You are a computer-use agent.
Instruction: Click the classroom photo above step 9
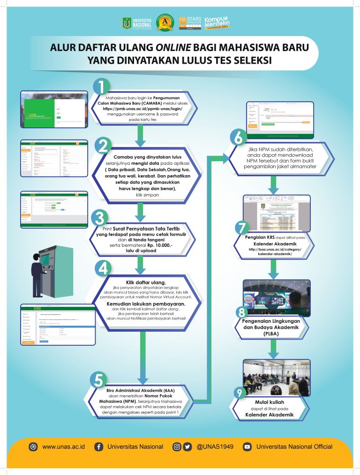[x=277, y=378]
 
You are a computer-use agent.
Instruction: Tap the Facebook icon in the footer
[x=99, y=446]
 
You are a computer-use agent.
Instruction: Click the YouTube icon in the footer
[x=247, y=446]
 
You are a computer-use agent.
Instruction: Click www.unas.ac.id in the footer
[x=62, y=446]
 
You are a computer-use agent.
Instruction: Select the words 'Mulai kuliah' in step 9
[x=270, y=401]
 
